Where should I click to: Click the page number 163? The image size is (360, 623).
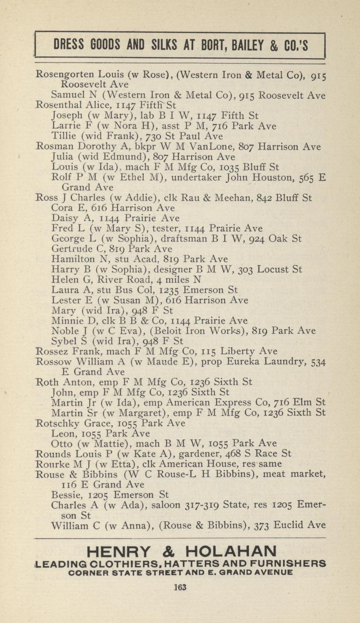[x=180, y=587]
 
